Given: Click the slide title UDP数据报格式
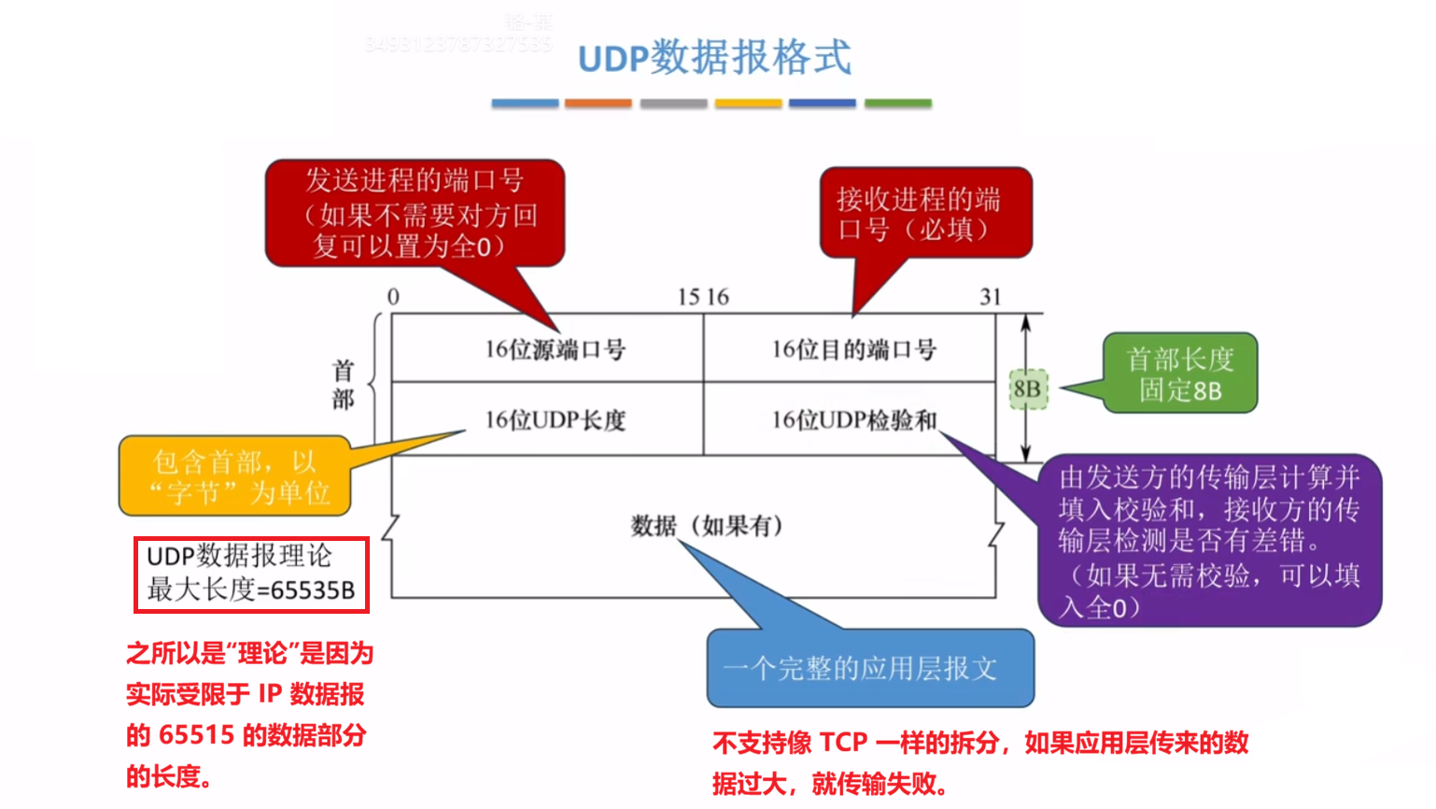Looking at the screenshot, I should [x=714, y=58].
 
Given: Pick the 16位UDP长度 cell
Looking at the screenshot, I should [x=555, y=420].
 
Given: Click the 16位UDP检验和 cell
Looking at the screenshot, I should [x=853, y=420].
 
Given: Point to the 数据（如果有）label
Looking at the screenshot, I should [x=707, y=526].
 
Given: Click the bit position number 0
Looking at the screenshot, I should [x=393, y=297].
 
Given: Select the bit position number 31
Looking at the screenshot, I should [x=990, y=297].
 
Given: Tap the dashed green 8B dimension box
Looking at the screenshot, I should [x=1028, y=389].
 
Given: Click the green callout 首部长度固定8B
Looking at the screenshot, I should [x=1180, y=374].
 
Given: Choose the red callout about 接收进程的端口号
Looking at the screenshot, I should [x=924, y=214].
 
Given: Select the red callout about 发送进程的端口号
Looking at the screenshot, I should [x=415, y=213].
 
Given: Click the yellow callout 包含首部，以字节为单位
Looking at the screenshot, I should [x=235, y=476].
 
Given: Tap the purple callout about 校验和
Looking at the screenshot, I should [x=1209, y=541].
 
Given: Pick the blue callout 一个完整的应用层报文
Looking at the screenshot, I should [x=870, y=669].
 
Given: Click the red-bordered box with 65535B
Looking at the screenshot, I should [x=251, y=575].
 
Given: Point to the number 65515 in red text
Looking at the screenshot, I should [x=196, y=735].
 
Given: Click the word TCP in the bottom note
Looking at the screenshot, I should [x=843, y=743].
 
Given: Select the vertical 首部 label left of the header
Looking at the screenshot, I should [x=343, y=385].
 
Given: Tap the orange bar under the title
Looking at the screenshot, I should [x=598, y=104].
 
